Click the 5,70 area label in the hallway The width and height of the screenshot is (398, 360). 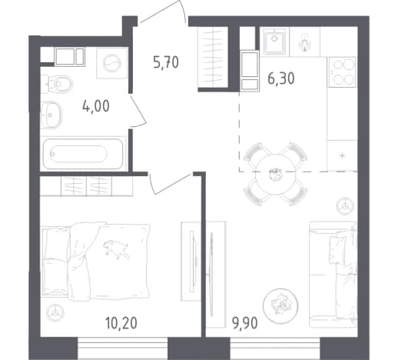(x=166, y=63)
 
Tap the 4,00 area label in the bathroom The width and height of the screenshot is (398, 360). (x=96, y=106)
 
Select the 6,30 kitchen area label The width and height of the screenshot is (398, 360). (x=281, y=78)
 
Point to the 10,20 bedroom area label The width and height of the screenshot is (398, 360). (x=121, y=323)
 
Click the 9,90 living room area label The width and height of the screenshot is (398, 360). (x=244, y=323)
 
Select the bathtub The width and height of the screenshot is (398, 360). (x=83, y=154)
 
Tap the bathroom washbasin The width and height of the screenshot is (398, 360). (x=51, y=115)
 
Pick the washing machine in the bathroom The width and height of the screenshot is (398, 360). (x=112, y=63)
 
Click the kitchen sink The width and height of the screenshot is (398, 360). (x=274, y=41)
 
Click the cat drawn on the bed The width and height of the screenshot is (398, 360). (x=116, y=248)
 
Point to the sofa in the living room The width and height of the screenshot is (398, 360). (x=333, y=275)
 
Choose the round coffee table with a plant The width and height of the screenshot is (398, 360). (x=280, y=305)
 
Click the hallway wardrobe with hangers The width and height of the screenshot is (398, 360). (x=213, y=57)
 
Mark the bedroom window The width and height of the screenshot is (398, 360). (x=123, y=348)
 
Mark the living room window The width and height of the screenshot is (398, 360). (x=275, y=348)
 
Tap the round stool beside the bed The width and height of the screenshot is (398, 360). (x=55, y=312)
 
